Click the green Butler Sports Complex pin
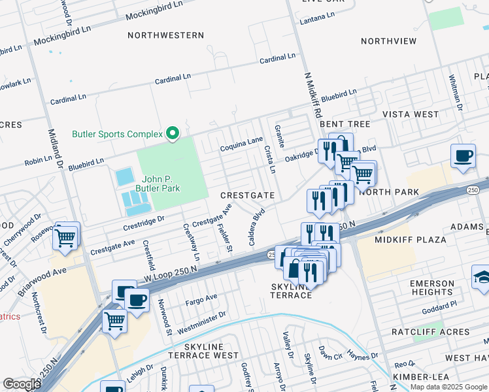[x=173, y=133]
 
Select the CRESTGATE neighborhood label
[x=247, y=195]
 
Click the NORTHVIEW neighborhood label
[x=388, y=41]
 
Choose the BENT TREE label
[x=345, y=123]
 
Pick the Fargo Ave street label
[x=201, y=297]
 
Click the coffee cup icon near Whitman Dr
[x=463, y=157]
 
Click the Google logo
[x=21, y=384]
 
